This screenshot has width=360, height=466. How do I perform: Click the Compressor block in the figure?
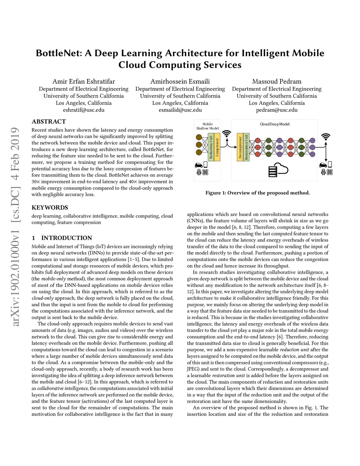point(217,147)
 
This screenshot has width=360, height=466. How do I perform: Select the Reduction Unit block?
point(211,147)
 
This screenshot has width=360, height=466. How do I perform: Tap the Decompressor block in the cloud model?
point(240,147)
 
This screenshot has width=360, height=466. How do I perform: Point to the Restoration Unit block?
point(246,147)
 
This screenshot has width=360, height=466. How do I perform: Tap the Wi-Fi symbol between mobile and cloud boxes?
point(227,134)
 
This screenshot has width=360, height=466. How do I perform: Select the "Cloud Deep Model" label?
point(275,124)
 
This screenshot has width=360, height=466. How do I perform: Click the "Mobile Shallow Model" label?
point(207,126)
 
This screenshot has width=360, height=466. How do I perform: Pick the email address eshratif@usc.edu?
point(84,110)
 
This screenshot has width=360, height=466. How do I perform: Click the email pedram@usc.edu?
point(277,110)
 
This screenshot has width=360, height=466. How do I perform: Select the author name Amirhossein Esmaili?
point(180,81)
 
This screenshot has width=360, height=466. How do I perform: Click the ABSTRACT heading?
point(49,121)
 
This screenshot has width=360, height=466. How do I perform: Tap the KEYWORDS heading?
point(50,208)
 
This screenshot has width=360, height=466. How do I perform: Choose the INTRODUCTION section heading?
point(66,238)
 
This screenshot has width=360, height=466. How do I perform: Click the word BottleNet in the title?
point(59,53)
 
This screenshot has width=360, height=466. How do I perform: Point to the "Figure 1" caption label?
point(218,193)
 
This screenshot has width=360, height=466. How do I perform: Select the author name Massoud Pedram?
point(277,81)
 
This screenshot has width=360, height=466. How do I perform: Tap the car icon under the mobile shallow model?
point(199,165)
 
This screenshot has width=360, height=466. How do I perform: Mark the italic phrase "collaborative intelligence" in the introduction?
point(63,388)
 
